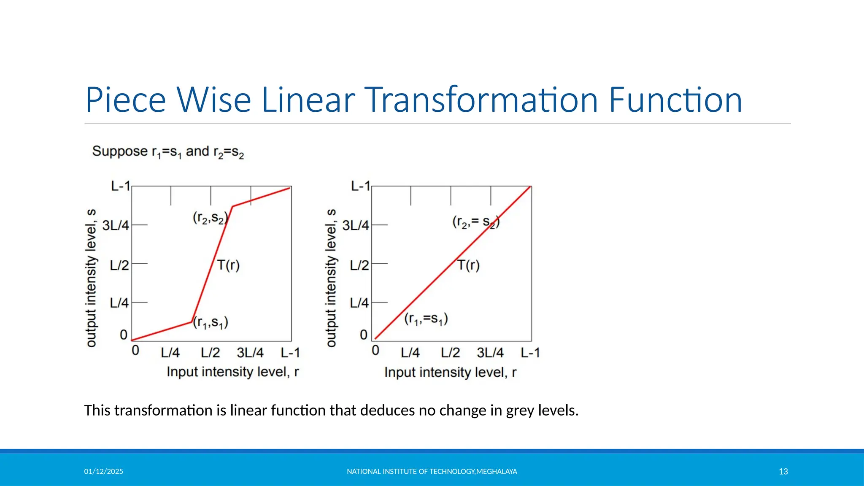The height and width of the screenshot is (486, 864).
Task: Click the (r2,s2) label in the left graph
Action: point(210,218)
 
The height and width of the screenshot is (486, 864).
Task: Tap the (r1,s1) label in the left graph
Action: point(211,323)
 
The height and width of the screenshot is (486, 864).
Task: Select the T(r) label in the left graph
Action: point(228,265)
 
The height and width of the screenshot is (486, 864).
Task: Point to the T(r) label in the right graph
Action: point(468,265)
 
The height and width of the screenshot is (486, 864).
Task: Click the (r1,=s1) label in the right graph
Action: point(426,319)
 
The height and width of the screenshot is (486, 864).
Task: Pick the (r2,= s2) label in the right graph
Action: point(476,221)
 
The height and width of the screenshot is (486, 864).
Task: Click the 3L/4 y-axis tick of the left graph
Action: point(116,225)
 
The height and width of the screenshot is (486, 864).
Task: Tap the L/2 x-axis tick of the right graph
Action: point(450,353)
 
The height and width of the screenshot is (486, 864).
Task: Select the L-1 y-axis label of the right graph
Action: point(360,186)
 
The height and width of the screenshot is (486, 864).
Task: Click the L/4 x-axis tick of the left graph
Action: point(170,353)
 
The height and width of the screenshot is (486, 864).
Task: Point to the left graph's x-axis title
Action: point(232,372)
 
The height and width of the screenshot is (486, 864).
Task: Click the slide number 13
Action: point(783,472)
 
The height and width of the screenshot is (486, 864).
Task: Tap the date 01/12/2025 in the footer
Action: point(103,472)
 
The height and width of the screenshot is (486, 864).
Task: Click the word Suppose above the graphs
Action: point(120,151)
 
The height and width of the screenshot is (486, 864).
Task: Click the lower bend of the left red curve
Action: point(192,322)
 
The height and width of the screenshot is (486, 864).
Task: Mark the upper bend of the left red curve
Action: point(232,206)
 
